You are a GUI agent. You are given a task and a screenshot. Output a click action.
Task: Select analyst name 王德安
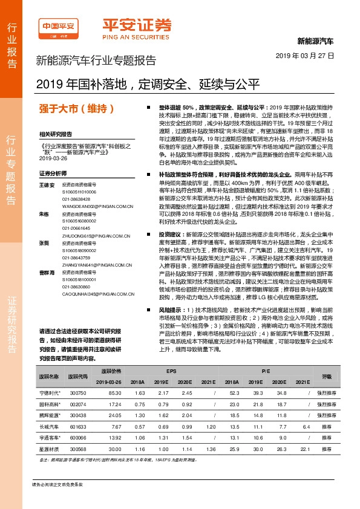[x=47, y=184]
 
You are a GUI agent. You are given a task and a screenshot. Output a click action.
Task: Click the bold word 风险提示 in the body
[x=171, y=310]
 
